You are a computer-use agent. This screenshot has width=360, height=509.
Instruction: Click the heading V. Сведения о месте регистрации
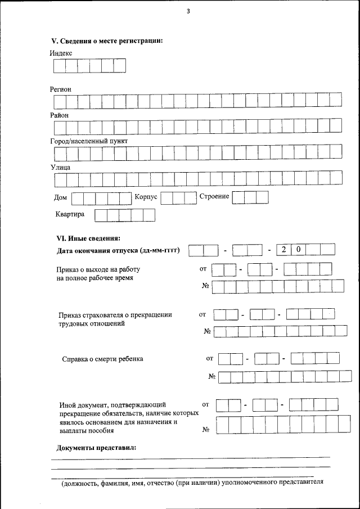[107, 40]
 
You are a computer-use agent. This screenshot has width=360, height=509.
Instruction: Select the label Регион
[61, 89]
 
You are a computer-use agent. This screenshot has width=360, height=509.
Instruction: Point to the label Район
[60, 115]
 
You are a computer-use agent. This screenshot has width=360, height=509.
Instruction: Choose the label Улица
[60, 166]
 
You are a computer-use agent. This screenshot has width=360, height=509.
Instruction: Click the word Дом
[61, 197]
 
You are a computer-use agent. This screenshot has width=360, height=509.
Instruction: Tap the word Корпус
[146, 197]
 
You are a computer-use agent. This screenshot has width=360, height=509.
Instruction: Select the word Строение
[214, 196]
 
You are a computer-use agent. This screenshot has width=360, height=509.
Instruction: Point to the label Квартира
[70, 214]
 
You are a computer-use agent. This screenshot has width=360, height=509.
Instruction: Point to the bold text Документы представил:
[96, 448]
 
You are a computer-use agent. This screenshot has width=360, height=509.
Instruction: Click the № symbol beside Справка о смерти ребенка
[212, 376]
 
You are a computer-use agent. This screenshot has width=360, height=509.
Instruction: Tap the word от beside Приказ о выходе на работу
[204, 269]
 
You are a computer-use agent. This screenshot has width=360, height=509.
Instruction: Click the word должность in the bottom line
[82, 483]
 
